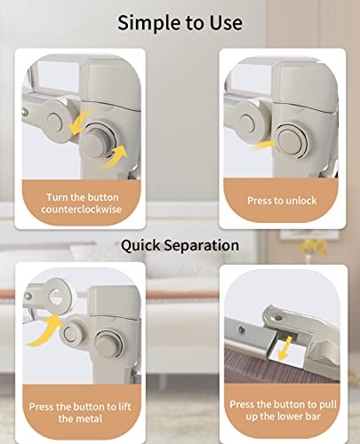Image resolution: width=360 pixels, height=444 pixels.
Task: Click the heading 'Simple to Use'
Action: tap(180, 23)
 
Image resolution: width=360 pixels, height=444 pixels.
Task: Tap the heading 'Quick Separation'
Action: tap(180, 246)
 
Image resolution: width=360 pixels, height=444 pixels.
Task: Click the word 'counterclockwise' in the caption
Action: tap(82, 210)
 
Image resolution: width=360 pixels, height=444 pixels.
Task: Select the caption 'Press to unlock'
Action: tap(282, 201)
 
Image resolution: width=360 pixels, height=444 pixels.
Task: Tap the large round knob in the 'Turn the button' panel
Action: tap(97, 140)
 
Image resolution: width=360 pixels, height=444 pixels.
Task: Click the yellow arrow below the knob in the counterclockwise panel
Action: tap(114, 157)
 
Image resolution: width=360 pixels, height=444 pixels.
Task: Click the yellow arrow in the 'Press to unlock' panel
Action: tap(261, 146)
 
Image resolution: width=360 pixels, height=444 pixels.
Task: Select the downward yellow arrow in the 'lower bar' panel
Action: tap(285, 348)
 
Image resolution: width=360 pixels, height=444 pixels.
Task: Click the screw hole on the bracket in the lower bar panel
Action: tap(278, 318)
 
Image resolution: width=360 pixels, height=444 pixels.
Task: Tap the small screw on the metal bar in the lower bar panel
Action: tap(242, 329)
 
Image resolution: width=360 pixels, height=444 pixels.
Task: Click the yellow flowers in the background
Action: tap(314, 246)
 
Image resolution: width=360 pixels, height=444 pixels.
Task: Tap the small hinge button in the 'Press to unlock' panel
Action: tap(246, 123)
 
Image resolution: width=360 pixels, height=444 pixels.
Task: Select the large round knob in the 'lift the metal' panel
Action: tap(109, 344)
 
